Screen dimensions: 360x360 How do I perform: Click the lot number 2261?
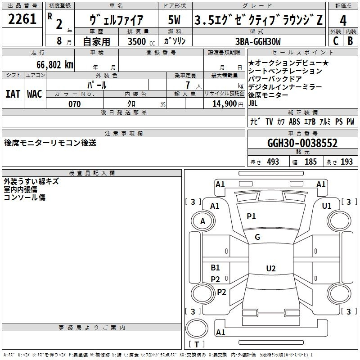click(22, 19)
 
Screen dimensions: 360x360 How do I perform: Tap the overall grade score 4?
click(343, 21)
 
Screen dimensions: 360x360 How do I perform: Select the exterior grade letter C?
click(336, 41)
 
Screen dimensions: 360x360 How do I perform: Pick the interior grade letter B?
click(351, 41)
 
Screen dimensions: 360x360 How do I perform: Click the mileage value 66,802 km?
click(55, 65)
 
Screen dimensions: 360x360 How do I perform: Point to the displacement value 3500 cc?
click(141, 41)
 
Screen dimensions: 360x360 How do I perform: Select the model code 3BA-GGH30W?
click(258, 41)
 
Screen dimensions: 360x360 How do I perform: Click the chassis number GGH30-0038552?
click(302, 143)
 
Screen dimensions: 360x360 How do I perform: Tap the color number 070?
click(75, 104)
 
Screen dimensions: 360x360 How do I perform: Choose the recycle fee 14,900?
click(224, 104)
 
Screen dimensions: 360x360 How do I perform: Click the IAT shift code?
click(13, 94)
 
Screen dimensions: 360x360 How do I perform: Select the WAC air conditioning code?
click(35, 94)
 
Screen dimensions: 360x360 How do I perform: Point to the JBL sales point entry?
click(253, 103)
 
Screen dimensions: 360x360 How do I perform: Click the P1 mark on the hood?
click(251, 216)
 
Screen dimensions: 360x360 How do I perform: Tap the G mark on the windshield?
click(257, 237)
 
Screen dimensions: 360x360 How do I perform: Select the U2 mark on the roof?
click(271, 268)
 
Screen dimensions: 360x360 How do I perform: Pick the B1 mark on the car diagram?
click(216, 267)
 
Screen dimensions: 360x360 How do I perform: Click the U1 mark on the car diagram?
click(327, 206)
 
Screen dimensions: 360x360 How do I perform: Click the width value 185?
click(310, 162)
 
